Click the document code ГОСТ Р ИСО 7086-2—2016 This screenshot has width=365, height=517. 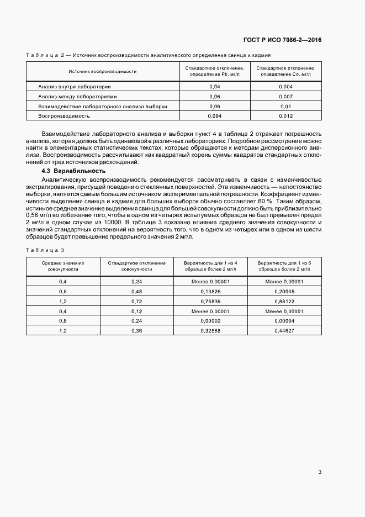282,40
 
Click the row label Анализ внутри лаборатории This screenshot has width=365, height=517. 75,87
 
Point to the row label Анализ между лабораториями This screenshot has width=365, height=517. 77,96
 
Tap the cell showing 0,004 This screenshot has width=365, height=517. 285,87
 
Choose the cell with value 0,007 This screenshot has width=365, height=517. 285,96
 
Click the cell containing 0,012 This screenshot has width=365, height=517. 285,115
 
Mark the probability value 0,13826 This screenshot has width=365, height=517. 210,291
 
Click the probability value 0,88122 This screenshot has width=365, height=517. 284,301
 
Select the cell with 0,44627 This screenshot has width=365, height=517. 284,330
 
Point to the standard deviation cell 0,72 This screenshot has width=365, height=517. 137,301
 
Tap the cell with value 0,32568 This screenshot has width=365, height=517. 210,330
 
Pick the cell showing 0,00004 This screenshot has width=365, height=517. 284,320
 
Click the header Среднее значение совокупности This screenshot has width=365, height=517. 63,266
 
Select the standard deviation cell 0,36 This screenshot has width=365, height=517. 137,330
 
